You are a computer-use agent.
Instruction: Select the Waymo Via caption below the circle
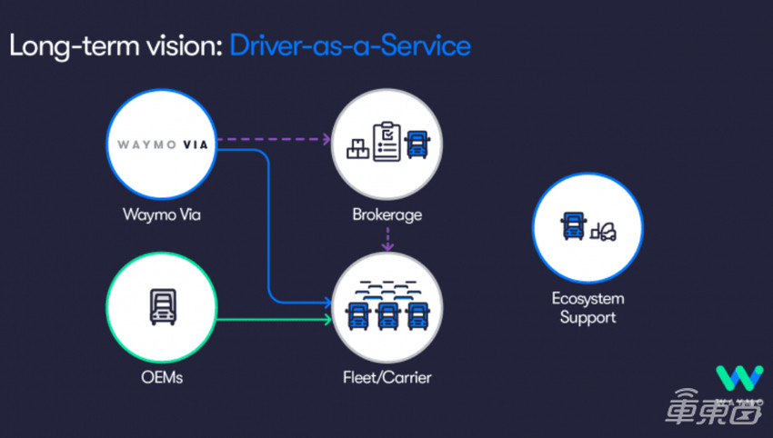click(162, 216)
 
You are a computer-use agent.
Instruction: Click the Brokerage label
click(388, 216)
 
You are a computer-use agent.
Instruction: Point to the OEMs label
click(162, 375)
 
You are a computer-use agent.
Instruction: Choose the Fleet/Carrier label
click(388, 375)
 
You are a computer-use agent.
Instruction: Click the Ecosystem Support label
click(587, 307)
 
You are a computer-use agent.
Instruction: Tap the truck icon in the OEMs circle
click(162, 307)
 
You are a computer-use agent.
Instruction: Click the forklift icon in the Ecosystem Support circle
click(605, 234)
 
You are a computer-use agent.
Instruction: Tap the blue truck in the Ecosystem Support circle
click(574, 227)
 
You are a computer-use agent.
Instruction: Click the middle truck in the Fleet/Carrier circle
click(388, 314)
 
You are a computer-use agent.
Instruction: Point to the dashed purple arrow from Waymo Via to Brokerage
click(273, 140)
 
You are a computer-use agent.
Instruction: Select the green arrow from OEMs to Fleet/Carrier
click(273, 318)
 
